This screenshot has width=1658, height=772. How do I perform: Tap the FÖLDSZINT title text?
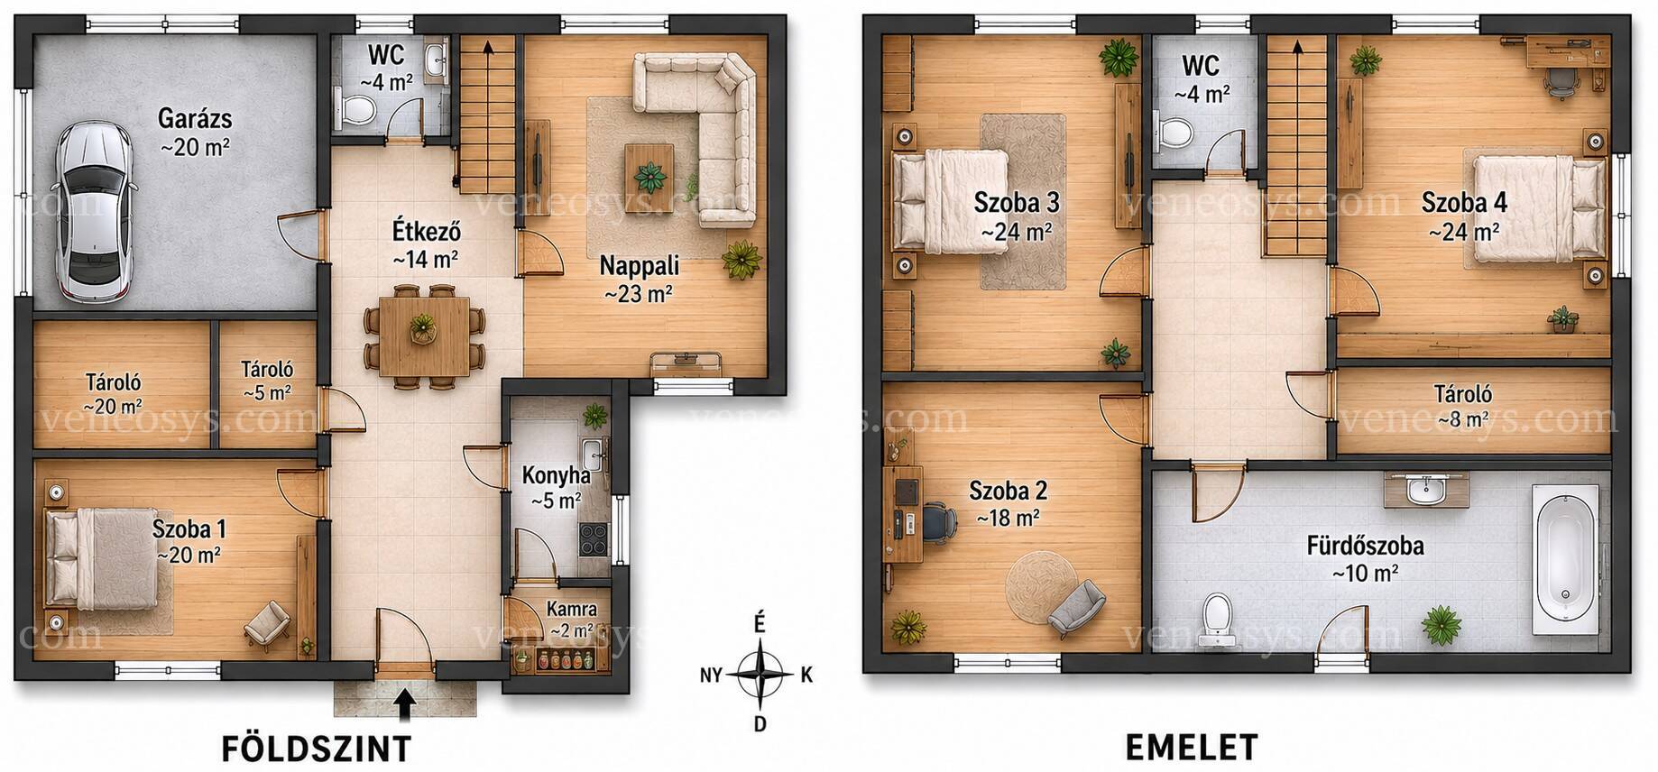click(x=316, y=749)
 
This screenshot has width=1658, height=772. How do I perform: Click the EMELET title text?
click(x=1191, y=748)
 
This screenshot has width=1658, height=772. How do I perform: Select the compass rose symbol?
click(x=760, y=673)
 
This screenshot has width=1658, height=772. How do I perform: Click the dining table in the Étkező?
click(x=424, y=337)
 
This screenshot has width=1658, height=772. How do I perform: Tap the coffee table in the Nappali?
click(x=649, y=167)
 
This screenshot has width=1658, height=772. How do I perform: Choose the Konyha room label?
click(x=557, y=475)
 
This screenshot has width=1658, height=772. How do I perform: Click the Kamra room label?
click(x=571, y=610)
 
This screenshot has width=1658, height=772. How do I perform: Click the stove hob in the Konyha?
click(x=594, y=538)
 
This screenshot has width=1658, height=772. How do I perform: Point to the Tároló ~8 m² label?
click(x=1463, y=406)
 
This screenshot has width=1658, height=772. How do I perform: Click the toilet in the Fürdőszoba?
click(x=1218, y=620)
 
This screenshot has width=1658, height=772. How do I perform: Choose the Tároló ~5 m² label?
click(x=267, y=381)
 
